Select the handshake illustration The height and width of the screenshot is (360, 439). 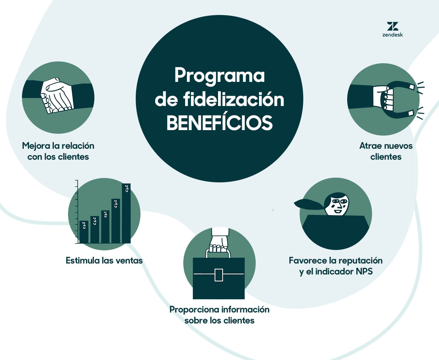point(58,95)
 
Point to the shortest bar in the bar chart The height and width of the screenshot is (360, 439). point(84,232)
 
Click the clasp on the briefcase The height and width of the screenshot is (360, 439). point(219,274)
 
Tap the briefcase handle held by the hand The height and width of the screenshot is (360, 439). point(219,253)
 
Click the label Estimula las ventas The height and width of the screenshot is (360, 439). point(104,261)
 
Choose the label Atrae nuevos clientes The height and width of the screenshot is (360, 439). point(386,151)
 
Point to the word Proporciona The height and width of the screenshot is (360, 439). point(194,310)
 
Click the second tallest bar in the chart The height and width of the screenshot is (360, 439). point(116,221)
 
